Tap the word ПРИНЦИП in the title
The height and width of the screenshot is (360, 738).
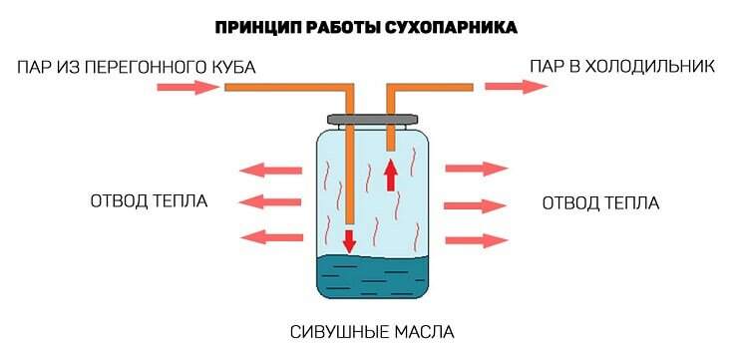[x=260, y=27]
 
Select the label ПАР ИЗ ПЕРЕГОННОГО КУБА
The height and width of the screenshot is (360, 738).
[x=138, y=68]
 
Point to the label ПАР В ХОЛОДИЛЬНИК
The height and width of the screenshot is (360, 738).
[x=621, y=68]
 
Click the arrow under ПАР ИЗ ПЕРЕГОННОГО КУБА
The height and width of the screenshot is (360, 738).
[x=187, y=88]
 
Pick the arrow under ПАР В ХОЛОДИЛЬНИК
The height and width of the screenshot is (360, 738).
[x=516, y=87]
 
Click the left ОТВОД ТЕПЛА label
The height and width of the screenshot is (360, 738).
[x=149, y=201]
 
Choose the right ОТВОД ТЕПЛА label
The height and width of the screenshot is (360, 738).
[x=600, y=202]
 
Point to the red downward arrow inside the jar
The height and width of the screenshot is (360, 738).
[x=350, y=240]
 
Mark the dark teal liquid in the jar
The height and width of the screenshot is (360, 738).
[x=373, y=279]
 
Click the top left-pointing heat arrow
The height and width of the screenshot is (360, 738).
[x=272, y=169]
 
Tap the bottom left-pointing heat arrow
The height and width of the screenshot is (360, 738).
[x=272, y=236]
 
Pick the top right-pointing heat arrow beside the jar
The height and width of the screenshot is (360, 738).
[x=477, y=170]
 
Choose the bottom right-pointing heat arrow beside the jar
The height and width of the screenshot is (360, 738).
[x=477, y=239]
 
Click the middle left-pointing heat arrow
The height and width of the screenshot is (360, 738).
[x=272, y=201]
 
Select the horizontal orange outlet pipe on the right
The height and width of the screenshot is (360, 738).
[x=429, y=88]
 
